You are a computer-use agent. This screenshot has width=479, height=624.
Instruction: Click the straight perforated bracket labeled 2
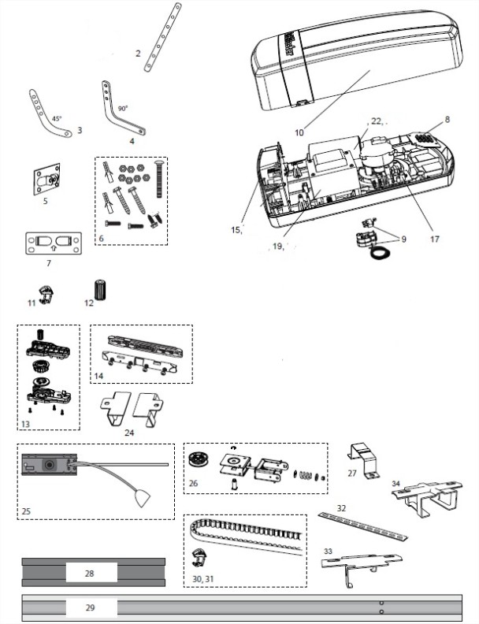(x=163, y=37)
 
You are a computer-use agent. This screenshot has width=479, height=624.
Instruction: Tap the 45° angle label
(x=57, y=119)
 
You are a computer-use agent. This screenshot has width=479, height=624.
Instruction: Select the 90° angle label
(x=123, y=109)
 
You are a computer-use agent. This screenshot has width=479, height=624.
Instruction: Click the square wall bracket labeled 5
(x=47, y=180)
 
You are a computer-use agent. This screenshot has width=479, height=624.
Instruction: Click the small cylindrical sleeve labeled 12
(x=99, y=290)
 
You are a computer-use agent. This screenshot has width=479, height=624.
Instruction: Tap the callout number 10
(x=299, y=132)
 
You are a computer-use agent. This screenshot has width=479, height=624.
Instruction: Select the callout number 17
(x=435, y=239)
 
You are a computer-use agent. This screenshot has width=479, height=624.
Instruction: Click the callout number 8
(x=447, y=120)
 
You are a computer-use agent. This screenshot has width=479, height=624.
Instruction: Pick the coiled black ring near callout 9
(x=380, y=253)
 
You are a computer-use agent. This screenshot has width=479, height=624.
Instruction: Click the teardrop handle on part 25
(x=142, y=498)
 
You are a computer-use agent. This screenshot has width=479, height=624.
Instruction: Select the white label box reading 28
(x=91, y=573)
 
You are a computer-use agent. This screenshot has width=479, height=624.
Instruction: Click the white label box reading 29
(x=91, y=607)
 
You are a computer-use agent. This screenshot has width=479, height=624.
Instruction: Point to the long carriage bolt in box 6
(x=159, y=180)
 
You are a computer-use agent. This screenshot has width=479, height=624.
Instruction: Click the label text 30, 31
(x=203, y=578)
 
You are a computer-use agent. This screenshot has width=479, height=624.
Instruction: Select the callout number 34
(x=395, y=484)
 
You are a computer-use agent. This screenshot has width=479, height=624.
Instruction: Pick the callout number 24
(x=129, y=433)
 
